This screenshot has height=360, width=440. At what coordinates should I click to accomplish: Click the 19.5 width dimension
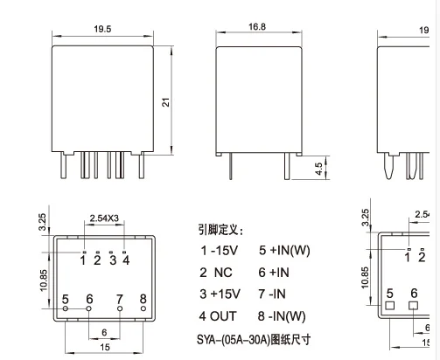(x=102, y=29)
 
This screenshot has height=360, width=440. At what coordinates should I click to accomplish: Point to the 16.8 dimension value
(x=257, y=27)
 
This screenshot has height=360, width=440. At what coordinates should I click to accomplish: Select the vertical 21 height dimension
(x=165, y=102)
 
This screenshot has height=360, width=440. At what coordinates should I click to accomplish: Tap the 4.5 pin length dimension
(x=318, y=169)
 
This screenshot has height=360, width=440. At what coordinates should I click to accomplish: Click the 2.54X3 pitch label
(x=104, y=218)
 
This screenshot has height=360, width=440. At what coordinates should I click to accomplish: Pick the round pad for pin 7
(x=120, y=308)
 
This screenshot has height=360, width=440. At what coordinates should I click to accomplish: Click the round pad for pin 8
(x=143, y=308)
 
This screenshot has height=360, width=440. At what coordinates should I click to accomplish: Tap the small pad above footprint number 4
(x=124, y=252)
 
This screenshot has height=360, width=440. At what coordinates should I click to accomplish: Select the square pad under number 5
(x=390, y=305)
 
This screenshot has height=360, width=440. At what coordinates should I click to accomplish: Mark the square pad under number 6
(x=413, y=305)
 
